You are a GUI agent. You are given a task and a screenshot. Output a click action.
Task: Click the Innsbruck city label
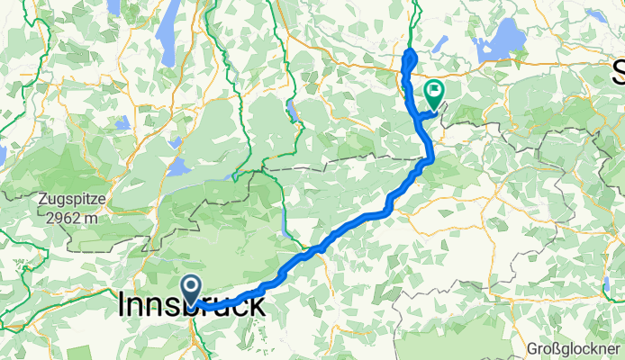coord(192,306)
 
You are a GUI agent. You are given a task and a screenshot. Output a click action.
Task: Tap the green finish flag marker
coord(435,92)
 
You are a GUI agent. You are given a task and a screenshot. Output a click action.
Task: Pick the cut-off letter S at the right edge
coord(619,71)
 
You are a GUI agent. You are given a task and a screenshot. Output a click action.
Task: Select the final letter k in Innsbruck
coord(257,306)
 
